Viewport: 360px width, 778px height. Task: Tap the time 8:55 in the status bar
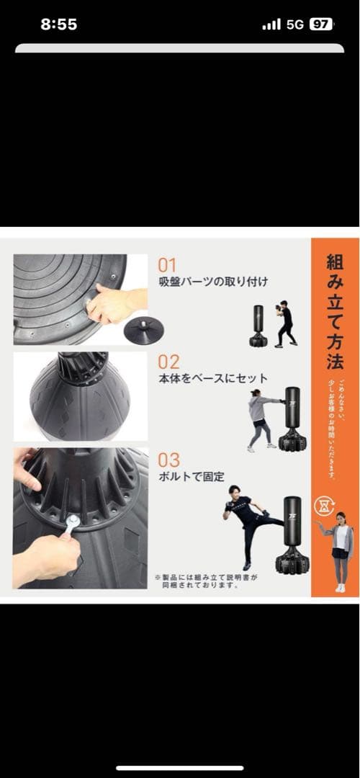tap(58, 24)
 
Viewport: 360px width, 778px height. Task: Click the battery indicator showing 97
tap(320, 24)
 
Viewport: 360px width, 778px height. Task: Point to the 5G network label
tap(295, 24)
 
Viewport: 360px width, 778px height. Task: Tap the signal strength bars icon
tap(271, 24)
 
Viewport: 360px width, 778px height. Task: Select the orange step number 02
tap(168, 362)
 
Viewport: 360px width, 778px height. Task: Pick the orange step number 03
tap(168, 459)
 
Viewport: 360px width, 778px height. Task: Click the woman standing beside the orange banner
tap(339, 551)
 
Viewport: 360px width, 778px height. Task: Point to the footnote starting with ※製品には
tap(206, 581)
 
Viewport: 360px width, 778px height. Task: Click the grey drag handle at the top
tap(180, 48)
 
